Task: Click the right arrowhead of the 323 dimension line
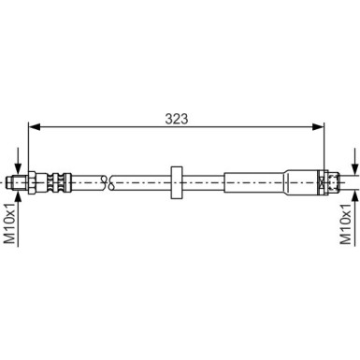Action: [323, 129]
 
